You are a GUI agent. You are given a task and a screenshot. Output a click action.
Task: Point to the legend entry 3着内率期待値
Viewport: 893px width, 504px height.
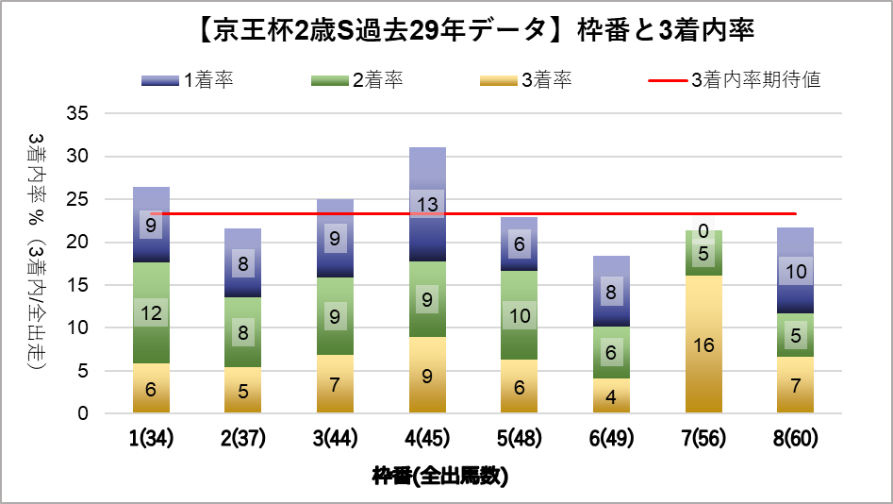pyautogui.click(x=735, y=80)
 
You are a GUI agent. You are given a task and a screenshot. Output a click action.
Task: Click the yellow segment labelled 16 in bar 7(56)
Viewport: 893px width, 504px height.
pyautogui.click(x=703, y=344)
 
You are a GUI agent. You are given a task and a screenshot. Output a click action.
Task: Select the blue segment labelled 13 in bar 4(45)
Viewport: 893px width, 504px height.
pyautogui.click(x=427, y=204)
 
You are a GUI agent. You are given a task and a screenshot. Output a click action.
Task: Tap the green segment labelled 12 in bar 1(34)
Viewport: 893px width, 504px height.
pyautogui.click(x=150, y=312)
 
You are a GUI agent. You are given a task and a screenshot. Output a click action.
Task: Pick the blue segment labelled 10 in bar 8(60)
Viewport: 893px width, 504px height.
pyautogui.click(x=795, y=271)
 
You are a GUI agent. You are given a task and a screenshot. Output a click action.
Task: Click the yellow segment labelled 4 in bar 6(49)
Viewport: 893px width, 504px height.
pyautogui.click(x=611, y=396)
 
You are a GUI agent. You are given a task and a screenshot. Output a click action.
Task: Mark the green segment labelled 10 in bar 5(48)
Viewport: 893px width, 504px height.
pyautogui.click(x=519, y=315)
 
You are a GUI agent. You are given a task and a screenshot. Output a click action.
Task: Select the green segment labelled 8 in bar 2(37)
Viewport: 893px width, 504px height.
pyautogui.click(x=242, y=332)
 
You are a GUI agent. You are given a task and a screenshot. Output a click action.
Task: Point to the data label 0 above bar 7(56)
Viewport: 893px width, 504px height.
pyautogui.click(x=703, y=230)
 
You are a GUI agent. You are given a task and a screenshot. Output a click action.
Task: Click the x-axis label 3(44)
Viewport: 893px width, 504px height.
pyautogui.click(x=335, y=439)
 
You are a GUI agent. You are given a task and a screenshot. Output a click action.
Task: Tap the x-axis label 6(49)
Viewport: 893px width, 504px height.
pyautogui.click(x=611, y=439)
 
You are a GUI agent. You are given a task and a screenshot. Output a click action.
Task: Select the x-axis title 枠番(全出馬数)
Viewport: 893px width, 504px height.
pyautogui.click(x=439, y=476)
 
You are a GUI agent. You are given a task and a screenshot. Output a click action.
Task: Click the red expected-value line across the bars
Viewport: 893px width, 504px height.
pyautogui.click(x=566, y=214)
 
